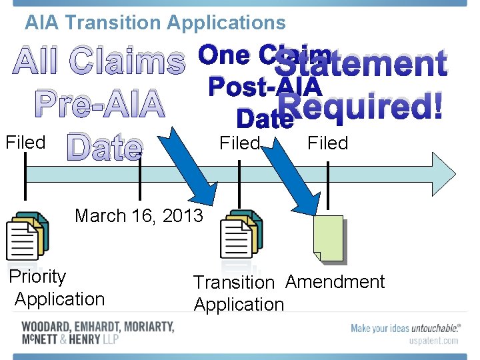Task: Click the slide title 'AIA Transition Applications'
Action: click(155, 23)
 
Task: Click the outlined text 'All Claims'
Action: click(99, 63)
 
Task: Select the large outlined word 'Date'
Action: click(105, 148)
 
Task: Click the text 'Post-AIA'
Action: click(265, 87)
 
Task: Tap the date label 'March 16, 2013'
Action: click(139, 216)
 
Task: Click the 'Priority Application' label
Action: click(57, 288)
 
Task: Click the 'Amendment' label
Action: click(335, 282)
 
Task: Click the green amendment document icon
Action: click(329, 237)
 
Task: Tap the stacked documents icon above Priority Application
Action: click(27, 235)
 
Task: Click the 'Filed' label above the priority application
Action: click(25, 142)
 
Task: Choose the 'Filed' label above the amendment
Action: click(327, 143)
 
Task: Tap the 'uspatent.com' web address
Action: click(433, 340)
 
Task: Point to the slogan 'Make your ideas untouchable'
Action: click(405, 327)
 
